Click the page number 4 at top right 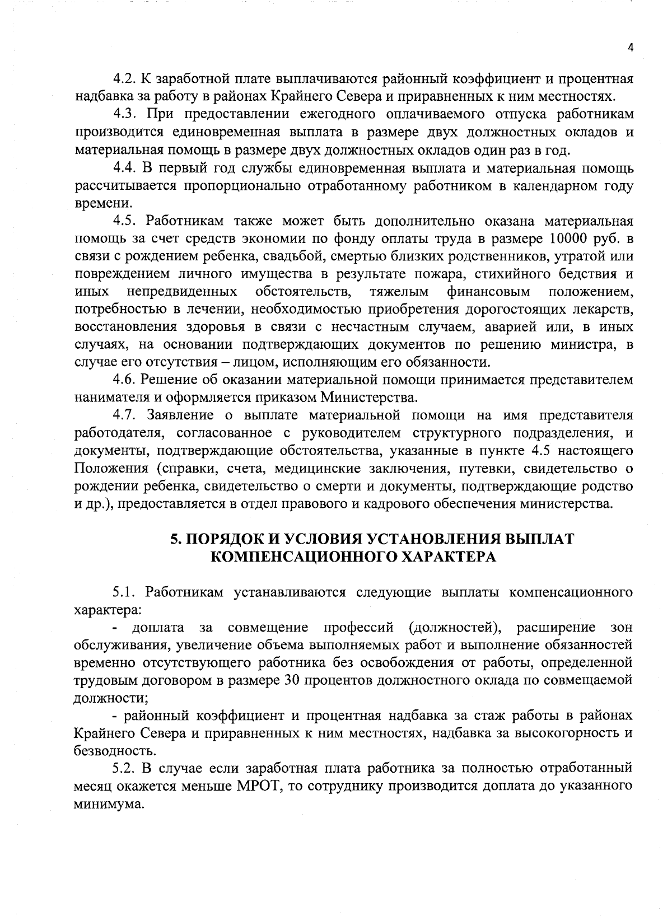(x=630, y=48)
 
